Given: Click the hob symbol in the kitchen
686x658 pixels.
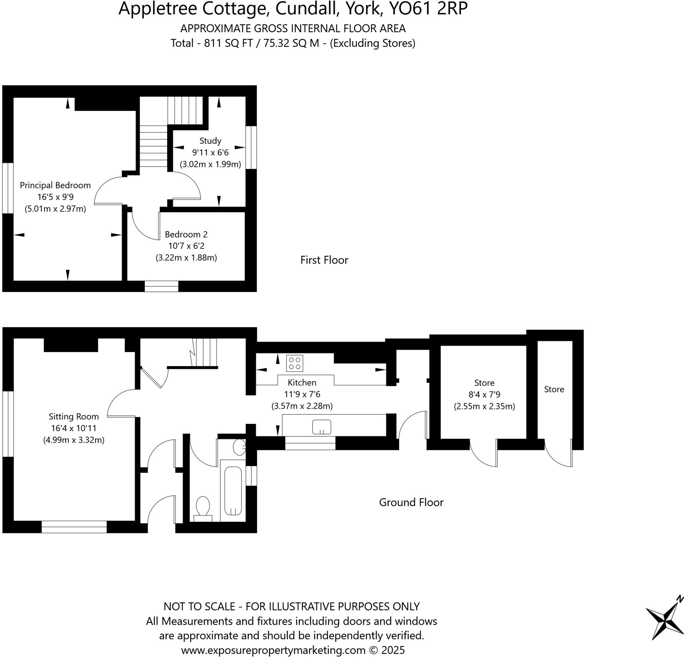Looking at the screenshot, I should tap(294, 363).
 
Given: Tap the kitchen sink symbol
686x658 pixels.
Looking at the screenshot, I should tap(322, 426).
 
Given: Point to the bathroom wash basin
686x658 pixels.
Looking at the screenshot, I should tap(239, 447).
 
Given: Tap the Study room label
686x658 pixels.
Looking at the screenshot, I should tap(210, 141).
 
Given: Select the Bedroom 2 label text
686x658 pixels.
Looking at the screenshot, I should tap(186, 234).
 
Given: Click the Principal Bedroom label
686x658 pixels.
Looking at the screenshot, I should tap(55, 185).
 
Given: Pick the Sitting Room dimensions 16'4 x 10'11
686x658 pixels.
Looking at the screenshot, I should tap(73, 428).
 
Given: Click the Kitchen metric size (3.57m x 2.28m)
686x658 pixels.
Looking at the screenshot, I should tap(302, 406).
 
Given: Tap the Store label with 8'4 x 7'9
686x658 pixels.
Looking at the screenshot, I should tap(484, 383).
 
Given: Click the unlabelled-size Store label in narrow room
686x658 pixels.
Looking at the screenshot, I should tap(554, 389).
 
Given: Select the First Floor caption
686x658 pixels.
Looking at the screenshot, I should tap(324, 260).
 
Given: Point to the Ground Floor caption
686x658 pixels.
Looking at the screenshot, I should tap(411, 502).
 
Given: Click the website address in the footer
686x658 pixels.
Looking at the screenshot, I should tap(273, 650).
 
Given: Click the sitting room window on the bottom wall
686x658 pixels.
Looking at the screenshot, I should tap(74, 526).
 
